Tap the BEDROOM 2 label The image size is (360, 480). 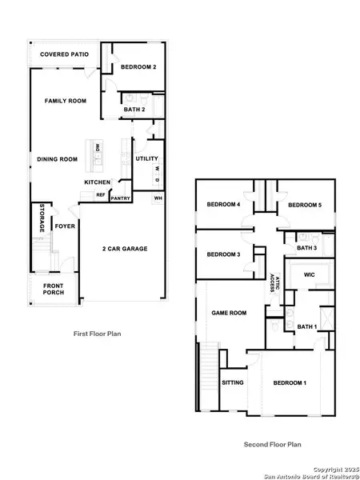[x=138, y=67]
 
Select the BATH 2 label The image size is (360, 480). [x=134, y=109]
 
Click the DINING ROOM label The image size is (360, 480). [x=57, y=159]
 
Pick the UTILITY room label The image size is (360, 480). [x=146, y=158]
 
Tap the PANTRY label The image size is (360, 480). [x=121, y=198]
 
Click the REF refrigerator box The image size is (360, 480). [x=101, y=194]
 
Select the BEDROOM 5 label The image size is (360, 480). [x=304, y=206]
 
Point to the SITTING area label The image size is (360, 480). [x=232, y=382]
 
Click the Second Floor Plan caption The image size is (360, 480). [x=270, y=444]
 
